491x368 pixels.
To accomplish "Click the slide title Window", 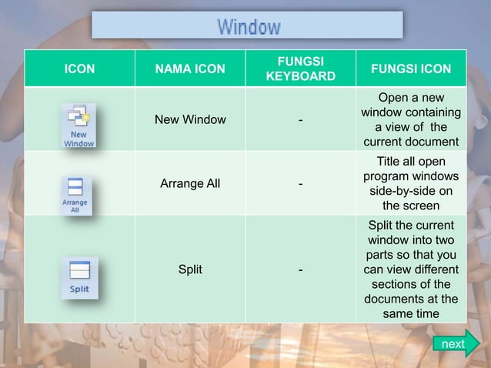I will click(x=248, y=27).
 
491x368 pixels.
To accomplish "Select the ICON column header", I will click(x=79, y=69).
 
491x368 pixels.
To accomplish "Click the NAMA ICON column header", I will click(x=190, y=69).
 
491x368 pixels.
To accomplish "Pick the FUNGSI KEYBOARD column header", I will click(x=300, y=69).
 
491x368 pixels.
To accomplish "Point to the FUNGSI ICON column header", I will click(x=411, y=69).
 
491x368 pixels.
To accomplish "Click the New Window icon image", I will click(x=78, y=125).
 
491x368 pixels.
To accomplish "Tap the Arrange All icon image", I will click(x=76, y=196).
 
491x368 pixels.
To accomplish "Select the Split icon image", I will click(x=79, y=277).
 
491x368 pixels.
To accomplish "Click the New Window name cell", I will click(x=190, y=119).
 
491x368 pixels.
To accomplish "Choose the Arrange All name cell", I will click(x=190, y=183).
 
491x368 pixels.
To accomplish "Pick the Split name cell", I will click(x=190, y=269).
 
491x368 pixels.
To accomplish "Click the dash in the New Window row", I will click(x=300, y=120).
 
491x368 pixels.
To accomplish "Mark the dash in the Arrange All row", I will click(x=300, y=184).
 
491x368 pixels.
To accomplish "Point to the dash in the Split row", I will click(x=300, y=270).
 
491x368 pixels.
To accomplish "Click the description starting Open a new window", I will click(x=411, y=119).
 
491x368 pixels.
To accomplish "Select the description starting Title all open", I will click(x=411, y=183).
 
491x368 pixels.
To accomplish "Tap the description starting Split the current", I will click(x=411, y=269).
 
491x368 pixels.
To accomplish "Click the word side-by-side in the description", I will click(x=411, y=191).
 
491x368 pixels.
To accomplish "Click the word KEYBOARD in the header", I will click(x=300, y=76).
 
